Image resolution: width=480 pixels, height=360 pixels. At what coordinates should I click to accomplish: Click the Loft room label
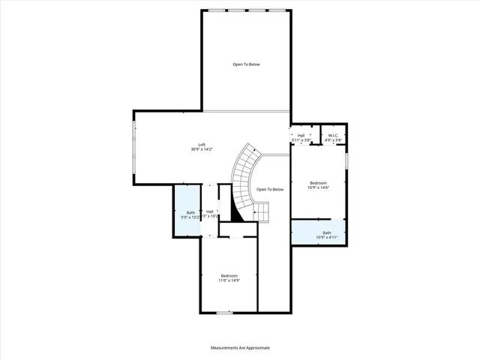202,145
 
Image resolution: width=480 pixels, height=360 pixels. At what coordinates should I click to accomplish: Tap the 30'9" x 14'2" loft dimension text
202,150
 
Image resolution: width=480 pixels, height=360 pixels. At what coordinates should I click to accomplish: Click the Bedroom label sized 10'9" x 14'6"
319,182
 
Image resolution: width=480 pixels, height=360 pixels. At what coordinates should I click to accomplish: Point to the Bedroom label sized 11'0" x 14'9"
229,276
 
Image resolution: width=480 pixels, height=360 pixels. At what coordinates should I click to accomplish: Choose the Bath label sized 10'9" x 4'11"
326,232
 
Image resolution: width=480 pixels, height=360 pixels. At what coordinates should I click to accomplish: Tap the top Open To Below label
245,64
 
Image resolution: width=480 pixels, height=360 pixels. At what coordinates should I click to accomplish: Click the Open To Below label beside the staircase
270,189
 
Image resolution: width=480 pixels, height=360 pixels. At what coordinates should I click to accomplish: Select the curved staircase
244,176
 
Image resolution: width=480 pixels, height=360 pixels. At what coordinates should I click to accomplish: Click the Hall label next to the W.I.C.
301,136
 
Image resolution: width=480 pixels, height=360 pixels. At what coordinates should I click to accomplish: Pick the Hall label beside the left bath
210,212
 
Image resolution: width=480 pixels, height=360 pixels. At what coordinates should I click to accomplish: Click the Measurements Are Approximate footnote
239,348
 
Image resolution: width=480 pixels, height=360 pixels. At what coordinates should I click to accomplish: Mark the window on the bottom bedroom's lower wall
224,312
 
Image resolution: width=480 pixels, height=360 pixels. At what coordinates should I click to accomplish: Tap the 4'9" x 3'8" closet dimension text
334,140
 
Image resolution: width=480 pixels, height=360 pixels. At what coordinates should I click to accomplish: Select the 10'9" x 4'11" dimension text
326,238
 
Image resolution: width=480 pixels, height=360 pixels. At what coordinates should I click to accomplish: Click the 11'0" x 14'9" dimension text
229,281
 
